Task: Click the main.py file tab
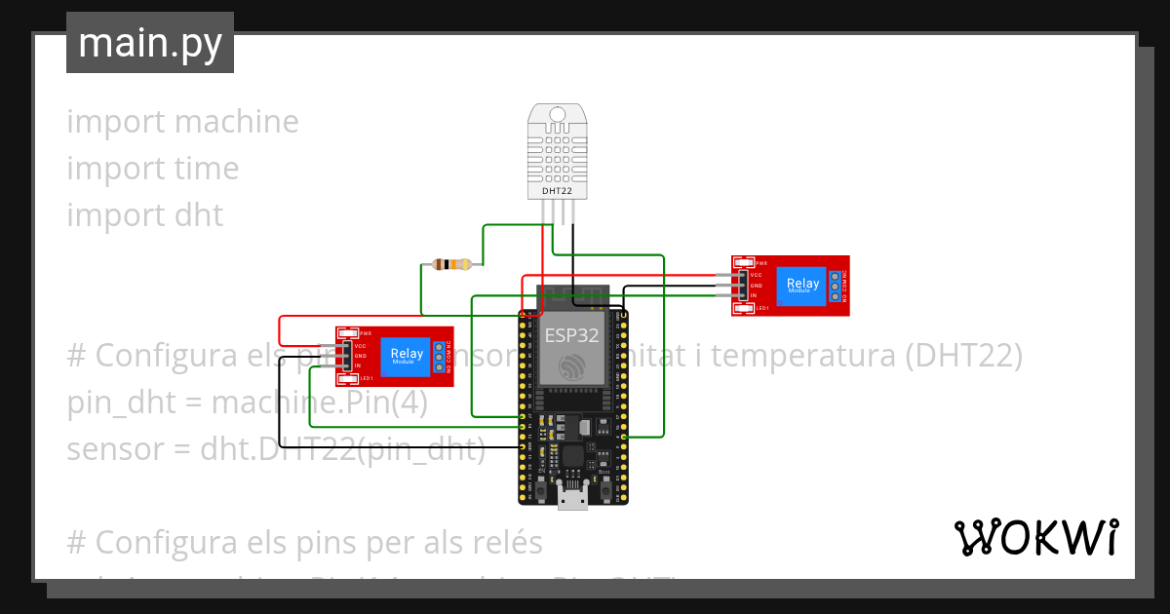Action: click(x=150, y=44)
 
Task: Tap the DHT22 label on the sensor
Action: click(x=558, y=192)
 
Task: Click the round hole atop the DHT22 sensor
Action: click(x=559, y=114)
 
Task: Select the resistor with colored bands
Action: click(x=450, y=264)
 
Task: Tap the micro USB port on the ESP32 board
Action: click(x=572, y=498)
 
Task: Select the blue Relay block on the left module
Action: click(x=407, y=356)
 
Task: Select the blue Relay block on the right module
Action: click(x=804, y=286)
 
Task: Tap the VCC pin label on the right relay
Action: click(x=756, y=275)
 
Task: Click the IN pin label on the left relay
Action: click(x=359, y=365)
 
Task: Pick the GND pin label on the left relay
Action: click(x=361, y=356)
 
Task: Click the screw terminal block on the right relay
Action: click(x=837, y=286)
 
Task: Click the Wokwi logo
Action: click(x=1035, y=538)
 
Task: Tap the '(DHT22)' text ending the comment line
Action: click(x=962, y=357)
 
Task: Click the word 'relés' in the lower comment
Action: click(x=498, y=541)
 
